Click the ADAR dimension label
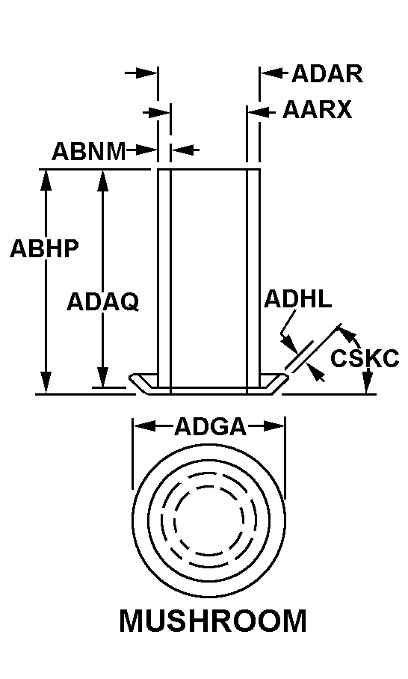coord(327,73)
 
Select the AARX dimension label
coord(317,110)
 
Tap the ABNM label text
coord(89,151)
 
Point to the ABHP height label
coord(45,248)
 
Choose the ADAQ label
coord(103,302)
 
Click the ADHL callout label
coord(297,299)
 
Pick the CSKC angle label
coord(365,358)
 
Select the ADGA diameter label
coord(210,427)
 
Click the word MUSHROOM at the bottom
coord(213,621)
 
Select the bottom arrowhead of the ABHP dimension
coord(46,382)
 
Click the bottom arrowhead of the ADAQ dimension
coord(102,376)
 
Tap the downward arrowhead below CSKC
coord(368,383)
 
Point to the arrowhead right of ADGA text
coord(274,426)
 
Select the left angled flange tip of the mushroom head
coord(132,378)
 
